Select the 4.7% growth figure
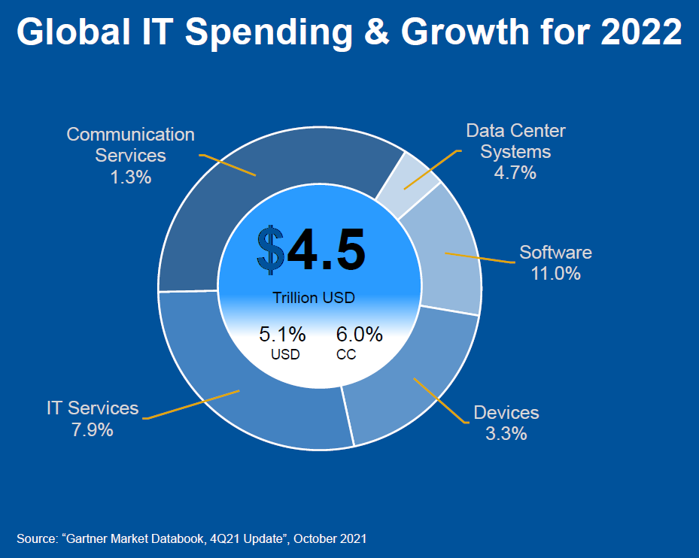[x=515, y=172]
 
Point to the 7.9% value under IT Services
[x=92, y=430]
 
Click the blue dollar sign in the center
[x=270, y=250]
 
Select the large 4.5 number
[x=326, y=250]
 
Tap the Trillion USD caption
[x=314, y=298]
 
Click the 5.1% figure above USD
[x=282, y=334]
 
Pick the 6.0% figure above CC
[x=360, y=334]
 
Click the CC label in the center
[x=346, y=354]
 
